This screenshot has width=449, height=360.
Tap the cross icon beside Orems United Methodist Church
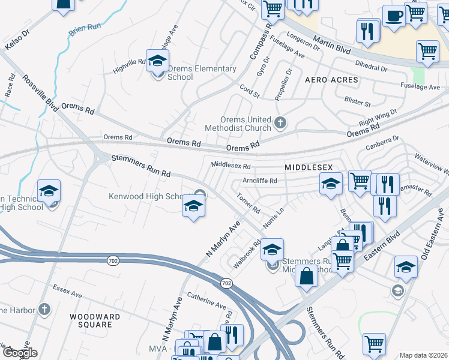pyautogui.click(x=280, y=124)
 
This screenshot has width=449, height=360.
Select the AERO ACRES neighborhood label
pyautogui.click(x=331, y=80)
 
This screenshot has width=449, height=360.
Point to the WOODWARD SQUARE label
pyautogui.click(x=91, y=320)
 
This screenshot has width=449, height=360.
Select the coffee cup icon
pyautogui.click(x=394, y=15)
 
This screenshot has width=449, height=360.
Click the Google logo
pyautogui.click(x=19, y=353)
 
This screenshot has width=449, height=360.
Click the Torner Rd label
pyautogui.click(x=248, y=203)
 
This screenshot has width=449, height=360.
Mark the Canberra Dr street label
pyautogui.click(x=382, y=144)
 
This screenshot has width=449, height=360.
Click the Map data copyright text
pyautogui.click(x=424, y=355)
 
